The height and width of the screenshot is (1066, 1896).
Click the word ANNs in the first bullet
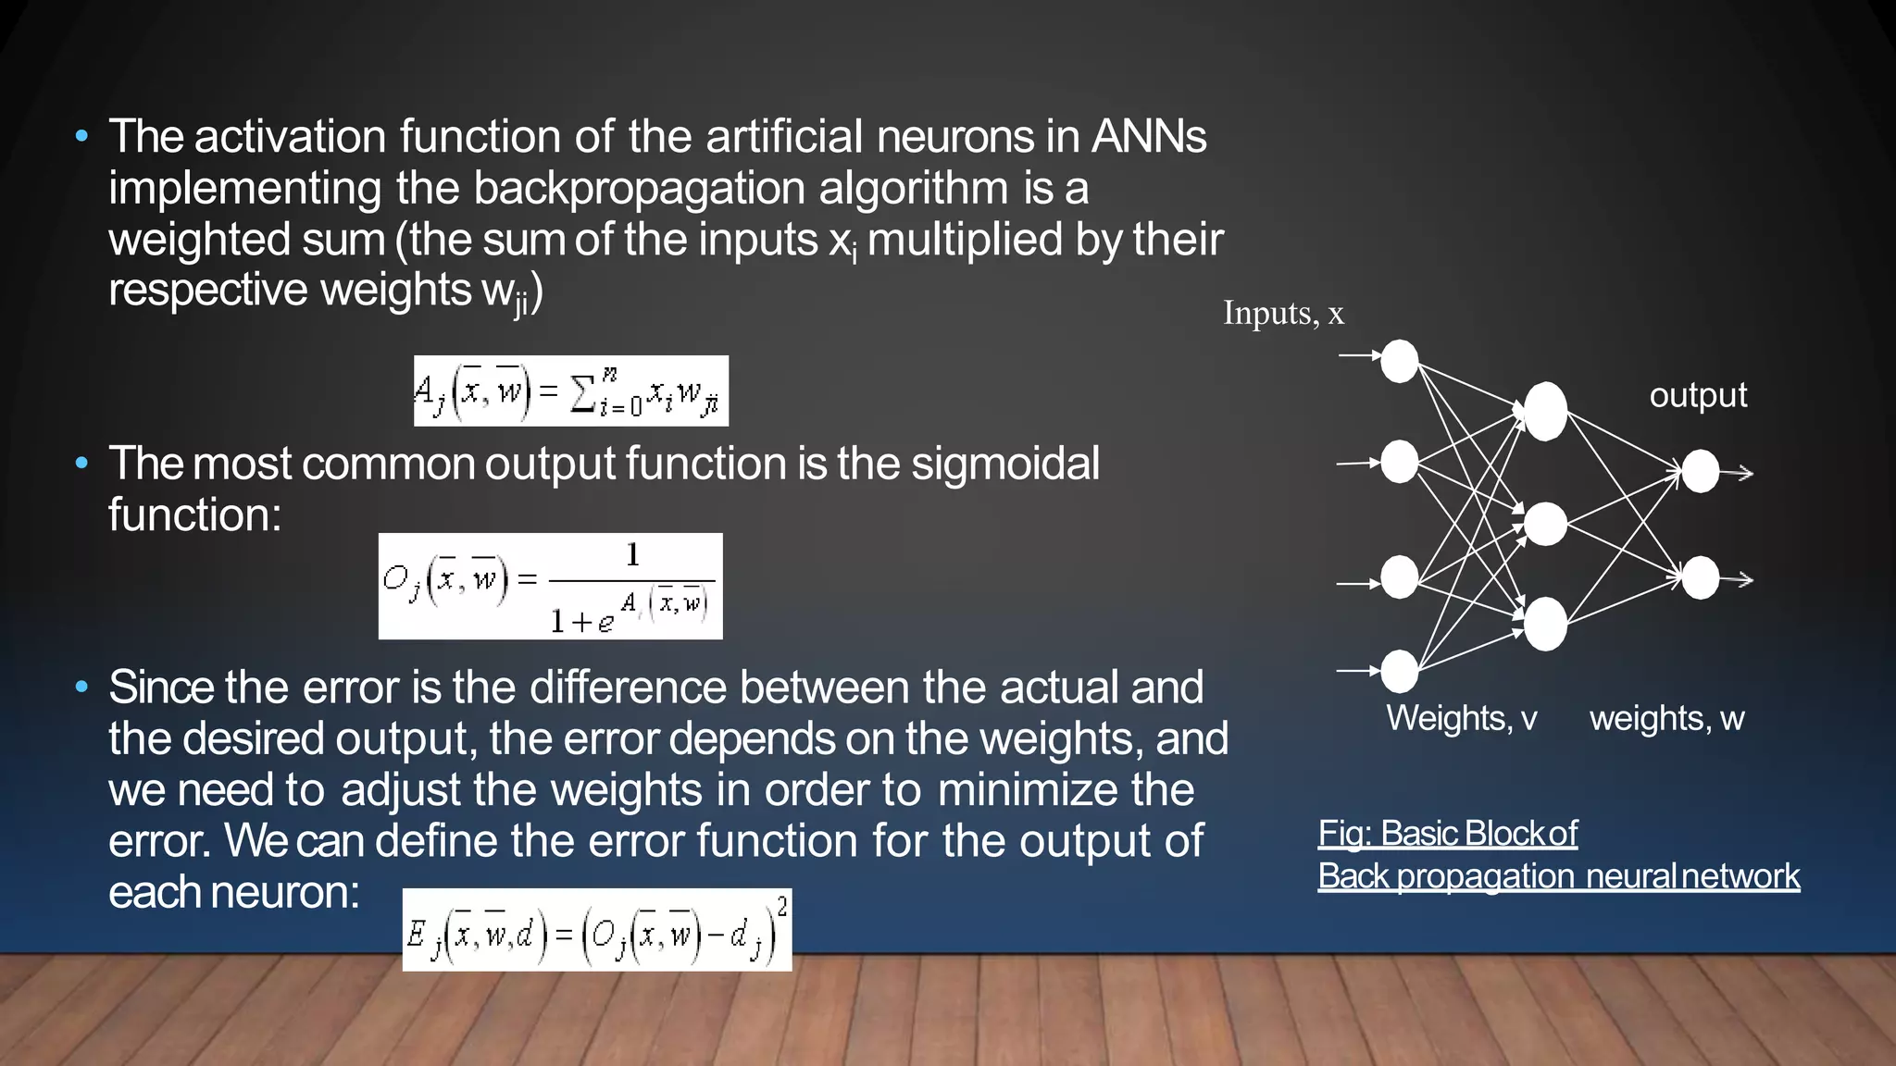(1149, 137)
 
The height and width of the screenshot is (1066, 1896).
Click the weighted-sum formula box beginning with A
(570, 391)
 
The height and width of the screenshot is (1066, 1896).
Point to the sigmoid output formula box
(550, 586)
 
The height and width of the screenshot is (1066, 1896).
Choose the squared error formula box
(597, 930)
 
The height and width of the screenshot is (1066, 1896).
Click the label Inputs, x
(1283, 313)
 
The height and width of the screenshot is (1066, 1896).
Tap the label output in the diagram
(1698, 395)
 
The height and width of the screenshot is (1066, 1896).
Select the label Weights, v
(1461, 718)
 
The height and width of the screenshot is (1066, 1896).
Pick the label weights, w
(1666, 718)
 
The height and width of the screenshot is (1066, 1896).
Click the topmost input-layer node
(1399, 361)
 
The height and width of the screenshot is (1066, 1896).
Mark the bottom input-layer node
(1399, 671)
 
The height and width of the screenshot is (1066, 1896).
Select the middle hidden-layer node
(1545, 525)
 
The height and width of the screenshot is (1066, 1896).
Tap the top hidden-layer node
(1545, 412)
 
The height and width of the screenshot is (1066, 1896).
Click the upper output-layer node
(1700, 472)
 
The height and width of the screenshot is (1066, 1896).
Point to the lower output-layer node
(1700, 578)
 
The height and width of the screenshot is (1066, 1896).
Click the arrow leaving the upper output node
(1738, 473)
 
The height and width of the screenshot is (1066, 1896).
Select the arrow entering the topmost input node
(1359, 354)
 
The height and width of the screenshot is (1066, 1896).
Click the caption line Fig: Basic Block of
(1447, 834)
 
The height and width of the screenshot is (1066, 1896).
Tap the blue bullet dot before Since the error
(81, 688)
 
